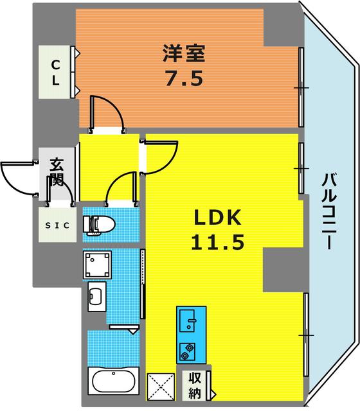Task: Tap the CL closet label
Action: [56, 73]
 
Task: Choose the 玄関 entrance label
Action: [56, 172]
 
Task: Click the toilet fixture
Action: [100, 223]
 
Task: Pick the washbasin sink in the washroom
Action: [96, 296]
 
